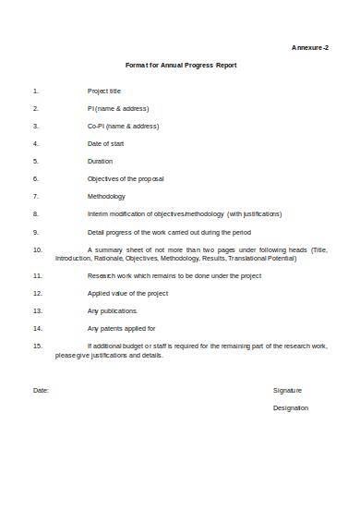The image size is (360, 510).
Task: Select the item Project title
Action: (104, 91)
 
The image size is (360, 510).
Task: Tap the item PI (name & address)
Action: (117, 109)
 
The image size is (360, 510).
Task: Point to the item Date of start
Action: (107, 144)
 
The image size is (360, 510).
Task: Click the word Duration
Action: (101, 162)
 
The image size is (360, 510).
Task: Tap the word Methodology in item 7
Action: (107, 196)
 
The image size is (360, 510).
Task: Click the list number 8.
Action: (35, 213)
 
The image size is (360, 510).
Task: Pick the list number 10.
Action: (37, 249)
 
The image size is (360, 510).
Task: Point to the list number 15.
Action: (37, 346)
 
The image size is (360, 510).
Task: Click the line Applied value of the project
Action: (127, 293)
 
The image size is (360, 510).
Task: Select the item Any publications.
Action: (113, 310)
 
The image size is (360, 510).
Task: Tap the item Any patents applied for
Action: (121, 328)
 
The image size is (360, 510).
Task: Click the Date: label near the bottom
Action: (41, 391)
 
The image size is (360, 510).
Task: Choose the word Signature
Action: (287, 391)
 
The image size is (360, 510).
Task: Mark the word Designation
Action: (291, 408)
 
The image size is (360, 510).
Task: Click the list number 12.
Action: (37, 293)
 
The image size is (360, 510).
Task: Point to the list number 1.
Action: (35, 91)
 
